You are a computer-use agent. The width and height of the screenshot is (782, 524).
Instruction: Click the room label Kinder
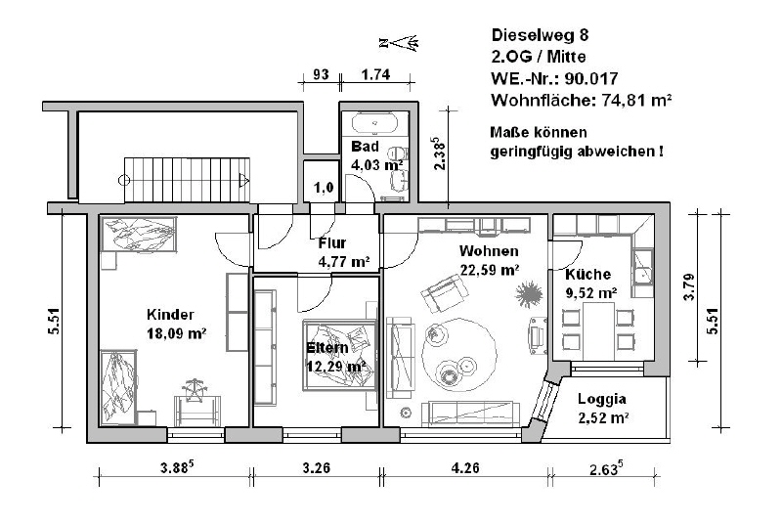170,314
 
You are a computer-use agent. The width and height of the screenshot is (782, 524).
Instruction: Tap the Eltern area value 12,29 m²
336,366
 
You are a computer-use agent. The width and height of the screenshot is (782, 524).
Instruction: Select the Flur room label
334,243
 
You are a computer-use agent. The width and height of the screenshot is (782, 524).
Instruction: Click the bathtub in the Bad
372,125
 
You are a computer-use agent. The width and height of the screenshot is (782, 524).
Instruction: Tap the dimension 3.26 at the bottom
316,468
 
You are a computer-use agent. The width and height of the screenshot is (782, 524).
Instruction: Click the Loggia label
601,399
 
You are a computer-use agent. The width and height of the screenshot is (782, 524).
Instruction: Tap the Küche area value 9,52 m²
589,291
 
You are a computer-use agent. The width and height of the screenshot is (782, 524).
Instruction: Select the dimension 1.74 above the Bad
375,74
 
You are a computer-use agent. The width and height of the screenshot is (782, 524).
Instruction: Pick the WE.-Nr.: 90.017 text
555,78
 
